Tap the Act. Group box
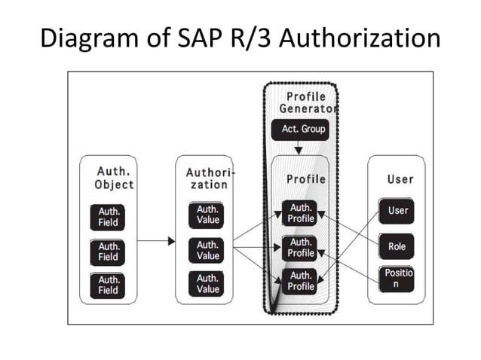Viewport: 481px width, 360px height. click(x=303, y=130)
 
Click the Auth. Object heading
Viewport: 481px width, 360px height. click(x=115, y=178)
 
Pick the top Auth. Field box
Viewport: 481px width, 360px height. click(x=109, y=217)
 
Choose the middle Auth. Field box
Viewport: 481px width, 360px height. click(x=109, y=252)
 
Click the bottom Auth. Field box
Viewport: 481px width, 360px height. click(x=109, y=285)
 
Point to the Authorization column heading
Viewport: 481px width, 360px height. click(x=209, y=178)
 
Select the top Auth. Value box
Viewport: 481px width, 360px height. click(x=207, y=215)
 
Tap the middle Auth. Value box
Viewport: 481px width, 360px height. click(x=207, y=250)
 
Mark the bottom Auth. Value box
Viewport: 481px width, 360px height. click(x=207, y=284)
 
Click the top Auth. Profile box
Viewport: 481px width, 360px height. click(x=301, y=213)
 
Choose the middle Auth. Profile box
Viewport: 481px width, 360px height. click(x=301, y=248)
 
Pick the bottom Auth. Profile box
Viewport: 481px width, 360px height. click(x=301, y=281)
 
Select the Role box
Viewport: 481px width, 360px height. click(x=397, y=246)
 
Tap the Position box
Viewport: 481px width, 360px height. click(x=397, y=279)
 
